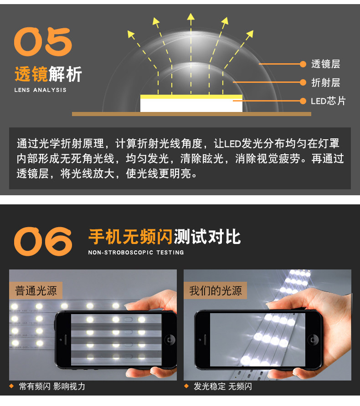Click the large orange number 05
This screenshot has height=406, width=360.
coord(43,42)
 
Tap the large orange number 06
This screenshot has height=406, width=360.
coord(43,241)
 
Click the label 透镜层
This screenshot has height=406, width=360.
coord(325,64)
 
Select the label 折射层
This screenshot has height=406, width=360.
coord(325,82)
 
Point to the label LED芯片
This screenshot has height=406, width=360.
coord(328,101)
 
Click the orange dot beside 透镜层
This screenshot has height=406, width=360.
coord(303,64)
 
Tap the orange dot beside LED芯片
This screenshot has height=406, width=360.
coord(303,101)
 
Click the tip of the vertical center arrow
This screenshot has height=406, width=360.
coord(191,13)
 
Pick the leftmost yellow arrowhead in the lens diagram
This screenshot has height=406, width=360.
coord(131,34)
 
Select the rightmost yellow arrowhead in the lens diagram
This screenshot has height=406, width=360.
coord(250,34)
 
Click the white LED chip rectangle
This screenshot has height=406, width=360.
coord(191,105)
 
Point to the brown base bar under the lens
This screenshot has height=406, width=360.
coord(191,114)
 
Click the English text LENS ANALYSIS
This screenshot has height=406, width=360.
coord(41,90)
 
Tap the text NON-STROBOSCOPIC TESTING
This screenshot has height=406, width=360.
coord(136,252)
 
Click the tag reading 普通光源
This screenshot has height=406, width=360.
coord(36,290)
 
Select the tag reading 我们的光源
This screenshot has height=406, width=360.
coord(216,290)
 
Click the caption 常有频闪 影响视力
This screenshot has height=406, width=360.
coord(52,386)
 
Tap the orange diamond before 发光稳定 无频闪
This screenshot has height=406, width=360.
coord(186,386)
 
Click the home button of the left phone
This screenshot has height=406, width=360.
coord(170,340)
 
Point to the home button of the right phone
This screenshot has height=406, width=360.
coord(313,340)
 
